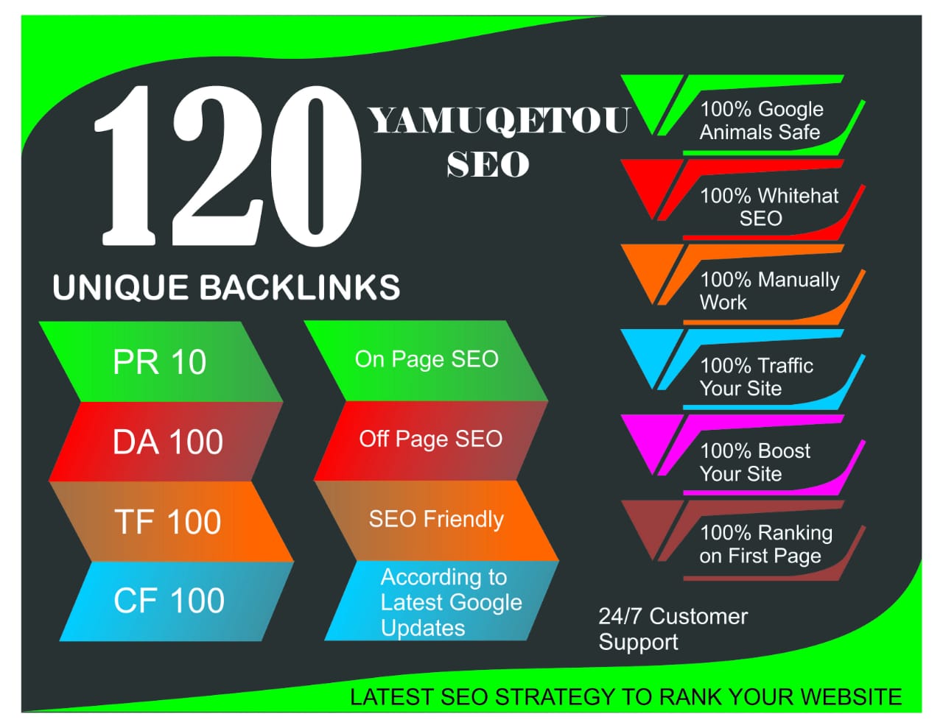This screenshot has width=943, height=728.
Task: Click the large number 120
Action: click(x=228, y=166)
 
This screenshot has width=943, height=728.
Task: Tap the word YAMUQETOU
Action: click(x=499, y=121)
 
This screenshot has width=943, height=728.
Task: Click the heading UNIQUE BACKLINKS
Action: click(x=226, y=287)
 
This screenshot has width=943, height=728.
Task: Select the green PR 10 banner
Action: click(x=160, y=362)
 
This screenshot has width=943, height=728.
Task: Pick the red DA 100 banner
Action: click(x=167, y=442)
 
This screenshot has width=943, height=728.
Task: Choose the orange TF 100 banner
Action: click(x=168, y=522)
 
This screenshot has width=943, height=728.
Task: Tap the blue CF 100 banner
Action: click(x=169, y=601)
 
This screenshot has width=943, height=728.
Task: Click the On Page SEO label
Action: click(x=427, y=359)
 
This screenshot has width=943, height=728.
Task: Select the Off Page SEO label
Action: click(x=430, y=439)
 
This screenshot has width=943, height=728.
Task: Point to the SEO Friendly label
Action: click(x=436, y=519)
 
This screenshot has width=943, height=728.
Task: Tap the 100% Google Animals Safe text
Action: click(x=761, y=121)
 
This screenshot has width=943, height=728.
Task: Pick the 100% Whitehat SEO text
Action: click(x=768, y=207)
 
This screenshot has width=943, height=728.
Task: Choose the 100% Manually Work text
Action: click(x=768, y=291)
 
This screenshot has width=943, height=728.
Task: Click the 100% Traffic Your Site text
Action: click(x=756, y=377)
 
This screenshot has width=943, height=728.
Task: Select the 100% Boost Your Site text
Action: click(x=754, y=462)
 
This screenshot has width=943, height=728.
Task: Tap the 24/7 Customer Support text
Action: click(x=672, y=629)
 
